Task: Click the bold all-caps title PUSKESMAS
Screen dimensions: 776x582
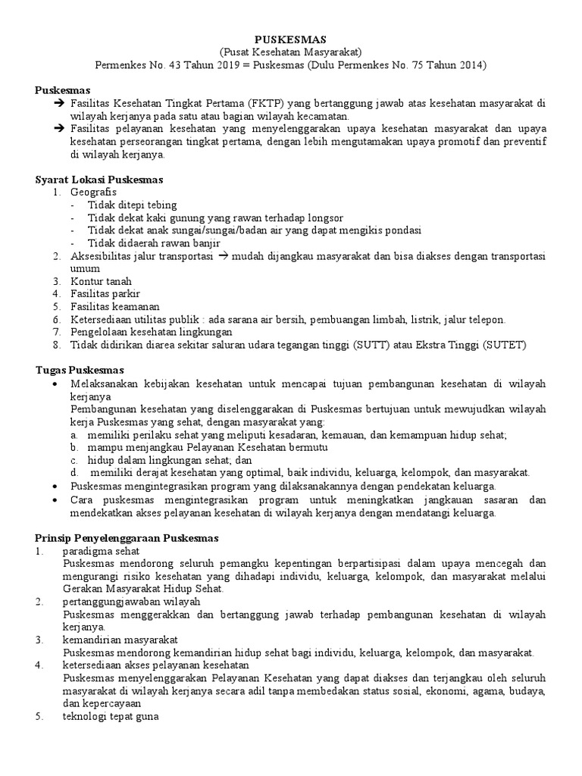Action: pyautogui.click(x=290, y=39)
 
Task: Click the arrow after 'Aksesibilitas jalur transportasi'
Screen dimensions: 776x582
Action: pyautogui.click(x=223, y=255)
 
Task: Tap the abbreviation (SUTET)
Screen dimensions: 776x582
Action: pyautogui.click(x=504, y=345)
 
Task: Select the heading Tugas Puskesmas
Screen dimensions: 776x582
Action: pyautogui.click(x=80, y=371)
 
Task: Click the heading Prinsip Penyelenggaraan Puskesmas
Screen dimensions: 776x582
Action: pyautogui.click(x=127, y=537)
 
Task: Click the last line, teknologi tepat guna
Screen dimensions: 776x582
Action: pyautogui.click(x=111, y=716)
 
